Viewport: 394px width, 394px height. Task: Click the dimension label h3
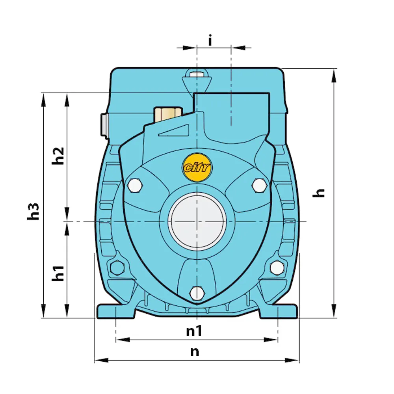(x=33, y=211)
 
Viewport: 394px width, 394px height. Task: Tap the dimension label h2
(x=58, y=156)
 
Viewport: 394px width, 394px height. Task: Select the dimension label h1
(x=58, y=273)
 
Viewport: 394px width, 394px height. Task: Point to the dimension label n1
(x=194, y=331)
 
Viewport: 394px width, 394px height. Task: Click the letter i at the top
(x=210, y=41)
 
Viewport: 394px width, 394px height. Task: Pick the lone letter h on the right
(x=318, y=193)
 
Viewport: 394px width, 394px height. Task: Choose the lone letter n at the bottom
(x=195, y=352)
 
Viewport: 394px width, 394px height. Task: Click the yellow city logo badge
(x=197, y=167)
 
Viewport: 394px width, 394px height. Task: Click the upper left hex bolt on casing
(x=135, y=186)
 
